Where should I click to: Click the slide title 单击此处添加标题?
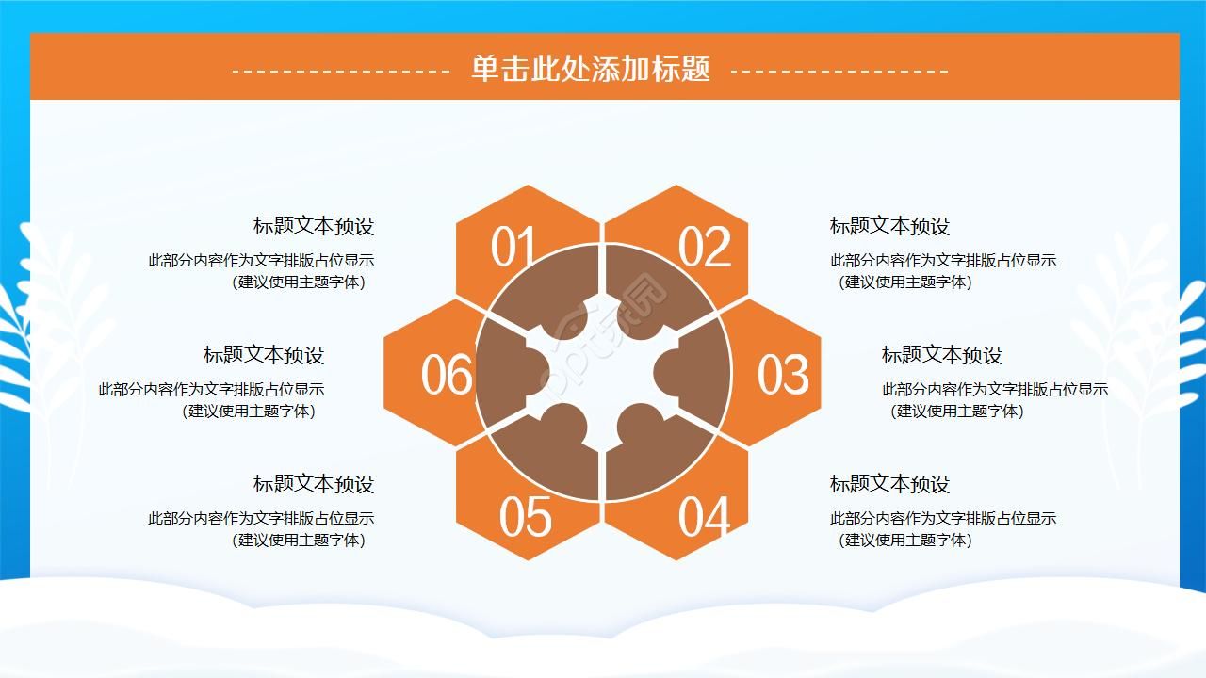click(591, 69)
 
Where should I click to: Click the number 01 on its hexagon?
click(512, 247)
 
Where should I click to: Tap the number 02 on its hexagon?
click(704, 247)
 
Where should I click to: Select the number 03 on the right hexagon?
click(783, 375)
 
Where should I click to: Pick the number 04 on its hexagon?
click(704, 517)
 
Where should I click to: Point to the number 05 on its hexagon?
click(526, 517)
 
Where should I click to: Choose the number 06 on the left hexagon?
click(447, 375)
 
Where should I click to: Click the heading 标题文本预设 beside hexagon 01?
click(314, 226)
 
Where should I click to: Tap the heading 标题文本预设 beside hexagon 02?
click(889, 226)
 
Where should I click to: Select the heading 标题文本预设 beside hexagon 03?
click(941, 355)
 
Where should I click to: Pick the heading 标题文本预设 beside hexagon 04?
click(889, 484)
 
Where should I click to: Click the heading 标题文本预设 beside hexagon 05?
click(314, 484)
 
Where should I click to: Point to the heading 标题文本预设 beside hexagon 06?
click(263, 355)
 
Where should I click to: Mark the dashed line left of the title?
click(341, 71)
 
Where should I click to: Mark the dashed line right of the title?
click(839, 71)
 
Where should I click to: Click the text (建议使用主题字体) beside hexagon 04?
click(904, 540)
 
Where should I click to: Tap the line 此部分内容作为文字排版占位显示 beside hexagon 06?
click(211, 389)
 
